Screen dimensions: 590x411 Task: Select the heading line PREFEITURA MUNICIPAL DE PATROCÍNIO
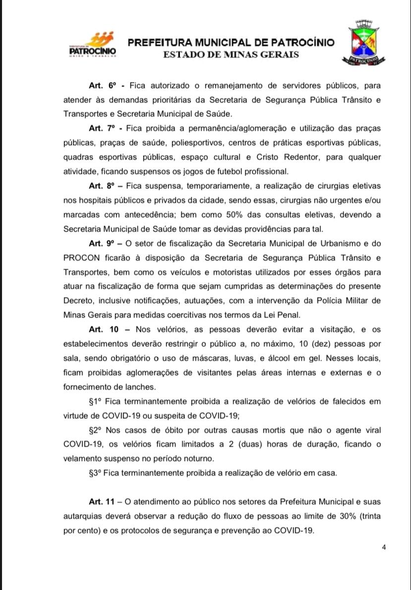click(x=231, y=43)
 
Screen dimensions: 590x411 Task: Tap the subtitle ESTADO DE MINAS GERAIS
click(x=231, y=54)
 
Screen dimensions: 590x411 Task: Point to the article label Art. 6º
click(x=102, y=85)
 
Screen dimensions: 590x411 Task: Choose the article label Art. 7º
click(x=102, y=129)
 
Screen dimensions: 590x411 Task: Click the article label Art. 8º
click(x=102, y=186)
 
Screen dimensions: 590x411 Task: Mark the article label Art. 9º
click(x=102, y=244)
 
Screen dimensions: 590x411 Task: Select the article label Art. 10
click(x=101, y=330)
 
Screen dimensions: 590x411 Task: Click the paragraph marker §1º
click(x=96, y=402)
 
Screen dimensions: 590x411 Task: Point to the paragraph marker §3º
click(x=96, y=473)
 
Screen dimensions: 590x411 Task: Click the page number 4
click(x=384, y=547)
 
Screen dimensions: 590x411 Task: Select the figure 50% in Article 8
click(x=238, y=215)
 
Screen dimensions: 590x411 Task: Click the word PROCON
click(x=82, y=258)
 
